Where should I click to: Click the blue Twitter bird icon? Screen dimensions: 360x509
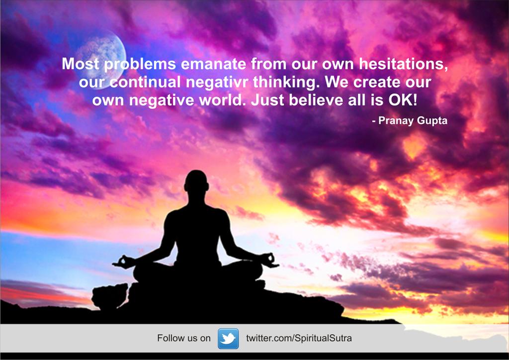point(228,339)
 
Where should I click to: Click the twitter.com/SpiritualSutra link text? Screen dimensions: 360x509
point(299,339)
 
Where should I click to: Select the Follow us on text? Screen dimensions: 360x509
point(184,339)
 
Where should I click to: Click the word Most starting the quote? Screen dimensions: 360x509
point(81,64)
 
